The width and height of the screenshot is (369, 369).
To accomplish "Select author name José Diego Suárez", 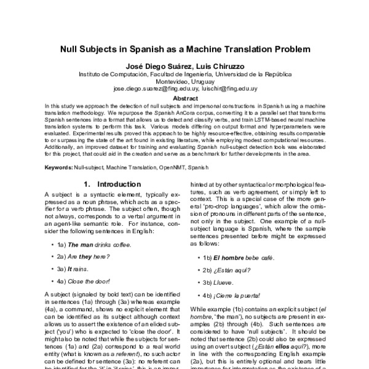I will (x=154, y=65).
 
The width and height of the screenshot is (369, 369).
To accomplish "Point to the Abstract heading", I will (x=184, y=98).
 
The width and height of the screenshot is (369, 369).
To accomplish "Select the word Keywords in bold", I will (x=58, y=167).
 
